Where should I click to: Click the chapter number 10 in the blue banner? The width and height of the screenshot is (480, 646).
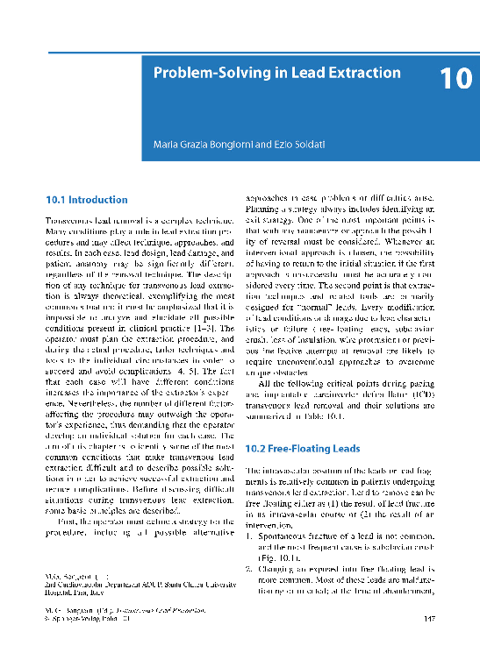tap(455, 79)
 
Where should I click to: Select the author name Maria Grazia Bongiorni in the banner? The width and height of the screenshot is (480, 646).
tap(197, 142)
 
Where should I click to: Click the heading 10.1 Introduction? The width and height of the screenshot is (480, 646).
tap(86, 200)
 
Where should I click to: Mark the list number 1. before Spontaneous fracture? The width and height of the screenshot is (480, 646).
tap(249, 531)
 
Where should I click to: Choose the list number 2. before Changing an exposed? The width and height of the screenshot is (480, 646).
tap(249, 568)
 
